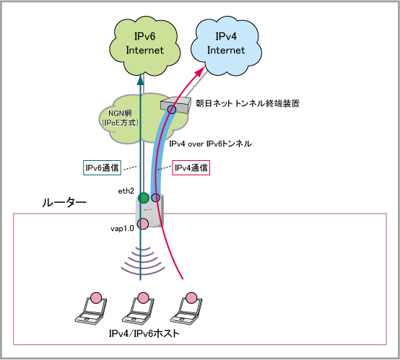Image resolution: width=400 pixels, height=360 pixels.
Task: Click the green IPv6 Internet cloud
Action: tap(144, 46)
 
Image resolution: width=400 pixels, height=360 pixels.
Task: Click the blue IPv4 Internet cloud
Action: tap(226, 46)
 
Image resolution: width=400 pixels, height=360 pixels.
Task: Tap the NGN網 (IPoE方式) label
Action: tap(120, 118)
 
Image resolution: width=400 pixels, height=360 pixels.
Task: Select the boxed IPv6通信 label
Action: tap(102, 168)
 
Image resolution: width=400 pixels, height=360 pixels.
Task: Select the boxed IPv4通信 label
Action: tap(191, 168)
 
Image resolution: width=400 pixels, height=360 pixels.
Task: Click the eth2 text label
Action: tap(126, 191)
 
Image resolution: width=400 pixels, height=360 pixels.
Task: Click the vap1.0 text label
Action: tap(122, 229)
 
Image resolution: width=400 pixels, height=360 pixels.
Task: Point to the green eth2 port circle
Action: tap(144, 198)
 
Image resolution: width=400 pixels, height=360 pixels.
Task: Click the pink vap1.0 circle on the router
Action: tap(143, 224)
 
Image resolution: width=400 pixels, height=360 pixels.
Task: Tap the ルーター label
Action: tap(64, 203)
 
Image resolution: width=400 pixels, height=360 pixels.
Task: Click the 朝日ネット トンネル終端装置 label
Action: tap(248, 103)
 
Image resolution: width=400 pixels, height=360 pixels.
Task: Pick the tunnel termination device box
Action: tap(176, 105)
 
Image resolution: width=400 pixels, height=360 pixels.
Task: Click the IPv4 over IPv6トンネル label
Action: tap(210, 144)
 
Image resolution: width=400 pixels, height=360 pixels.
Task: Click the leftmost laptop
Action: tap(91, 309)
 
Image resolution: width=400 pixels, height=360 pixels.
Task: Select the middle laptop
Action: tap(139, 309)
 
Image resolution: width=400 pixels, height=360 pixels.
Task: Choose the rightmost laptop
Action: tap(186, 309)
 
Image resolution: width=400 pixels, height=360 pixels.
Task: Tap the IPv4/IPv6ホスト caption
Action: tap(144, 333)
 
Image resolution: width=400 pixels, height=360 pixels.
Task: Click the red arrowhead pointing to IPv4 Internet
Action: tap(200, 71)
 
